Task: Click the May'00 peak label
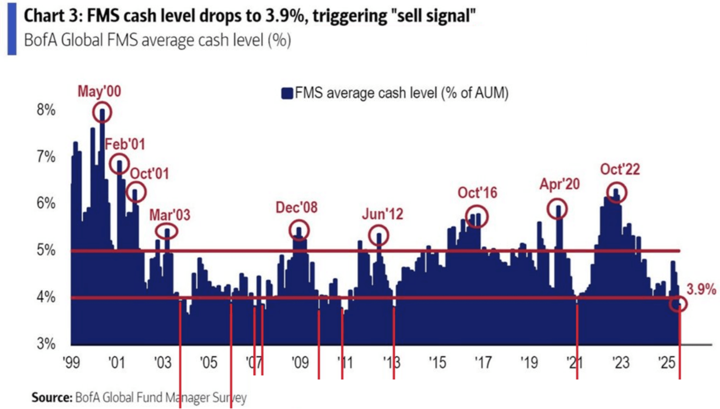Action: click(x=99, y=92)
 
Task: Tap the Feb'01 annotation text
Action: click(x=125, y=144)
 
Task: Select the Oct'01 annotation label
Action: click(x=149, y=173)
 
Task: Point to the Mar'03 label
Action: click(x=170, y=215)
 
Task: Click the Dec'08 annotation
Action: click(x=297, y=208)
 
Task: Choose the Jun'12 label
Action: click(x=383, y=214)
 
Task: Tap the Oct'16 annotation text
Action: click(x=477, y=193)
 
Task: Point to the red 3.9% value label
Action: click(x=701, y=289)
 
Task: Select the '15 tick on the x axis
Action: click(x=437, y=363)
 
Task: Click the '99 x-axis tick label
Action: click(x=72, y=363)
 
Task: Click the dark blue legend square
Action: click(x=287, y=93)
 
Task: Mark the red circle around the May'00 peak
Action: click(x=102, y=112)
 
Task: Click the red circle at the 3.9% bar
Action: click(x=678, y=304)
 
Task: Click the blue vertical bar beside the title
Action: click(x=12, y=29)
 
